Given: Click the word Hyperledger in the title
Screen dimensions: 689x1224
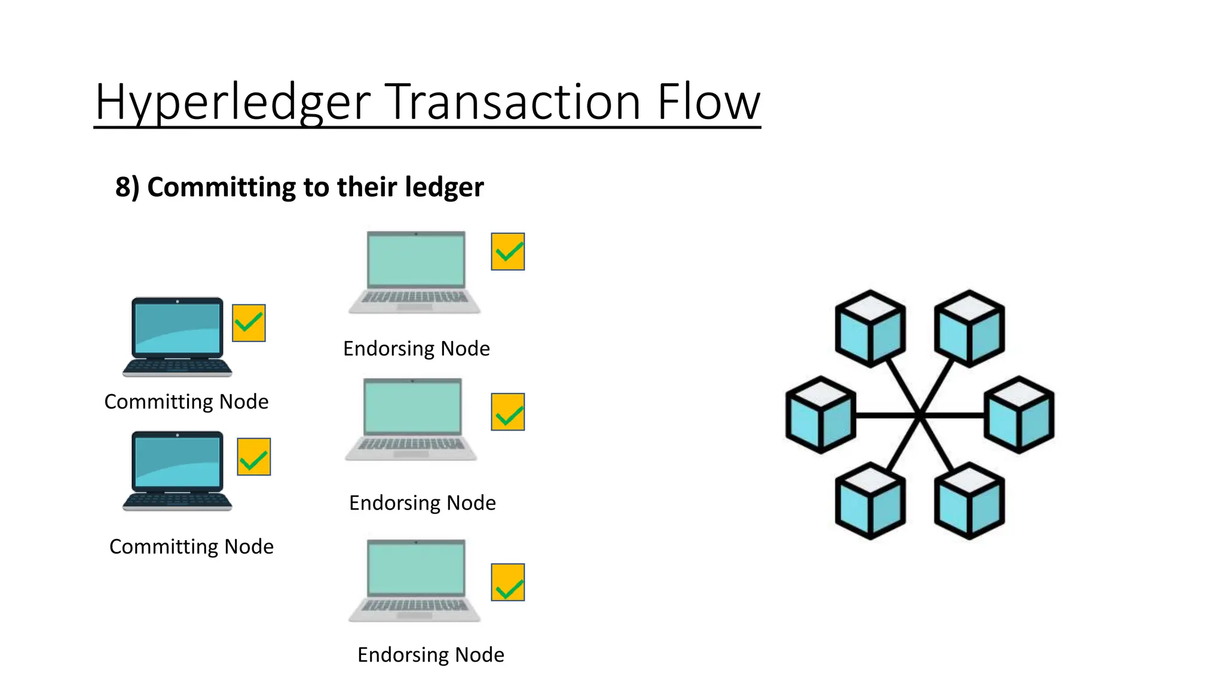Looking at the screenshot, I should [x=233, y=103].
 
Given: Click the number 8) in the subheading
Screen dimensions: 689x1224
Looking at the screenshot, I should [x=127, y=187].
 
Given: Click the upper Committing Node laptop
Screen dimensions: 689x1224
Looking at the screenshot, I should [x=177, y=337].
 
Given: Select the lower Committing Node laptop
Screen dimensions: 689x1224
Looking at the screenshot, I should [x=177, y=471].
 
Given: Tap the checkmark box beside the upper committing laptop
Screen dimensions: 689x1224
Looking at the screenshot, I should [x=249, y=323].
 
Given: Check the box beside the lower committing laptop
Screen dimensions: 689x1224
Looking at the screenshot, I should [x=254, y=457].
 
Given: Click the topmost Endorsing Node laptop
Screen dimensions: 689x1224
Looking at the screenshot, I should [x=415, y=272].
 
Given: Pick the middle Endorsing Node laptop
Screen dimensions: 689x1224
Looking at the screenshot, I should [x=412, y=419].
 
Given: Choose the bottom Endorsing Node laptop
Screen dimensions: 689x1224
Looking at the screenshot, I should [x=415, y=580].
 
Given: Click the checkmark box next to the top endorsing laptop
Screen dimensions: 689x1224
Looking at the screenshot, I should [x=508, y=252].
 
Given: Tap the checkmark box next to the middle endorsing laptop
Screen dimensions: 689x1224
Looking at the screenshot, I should [x=508, y=412].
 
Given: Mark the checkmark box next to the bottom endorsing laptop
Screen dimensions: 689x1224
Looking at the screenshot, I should [x=508, y=582].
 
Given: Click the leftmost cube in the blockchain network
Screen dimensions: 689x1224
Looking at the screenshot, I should [x=821, y=414].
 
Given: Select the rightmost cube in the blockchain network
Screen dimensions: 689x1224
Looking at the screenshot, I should [x=1019, y=414].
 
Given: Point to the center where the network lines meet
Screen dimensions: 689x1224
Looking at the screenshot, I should [x=920, y=414].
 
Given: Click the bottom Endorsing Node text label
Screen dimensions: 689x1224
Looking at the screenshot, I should [x=431, y=655].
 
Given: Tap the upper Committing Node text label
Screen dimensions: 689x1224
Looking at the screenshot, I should [x=186, y=402].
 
